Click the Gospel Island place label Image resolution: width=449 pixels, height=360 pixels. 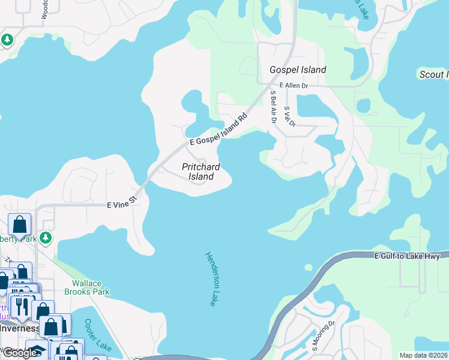[x=298, y=70]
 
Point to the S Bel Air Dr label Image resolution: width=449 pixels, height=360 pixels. [x=273, y=107]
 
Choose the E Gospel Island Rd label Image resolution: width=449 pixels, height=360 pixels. [x=219, y=130]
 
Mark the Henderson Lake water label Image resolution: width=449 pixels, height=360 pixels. [x=211, y=278]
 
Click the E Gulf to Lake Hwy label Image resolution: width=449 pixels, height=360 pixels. [x=408, y=257]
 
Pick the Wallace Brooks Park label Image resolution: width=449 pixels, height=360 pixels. [x=91, y=287]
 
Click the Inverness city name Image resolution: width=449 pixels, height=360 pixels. [x=19, y=328]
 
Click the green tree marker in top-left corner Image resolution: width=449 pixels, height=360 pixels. [x=7, y=40]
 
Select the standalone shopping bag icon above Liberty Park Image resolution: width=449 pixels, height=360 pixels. [x=19, y=225]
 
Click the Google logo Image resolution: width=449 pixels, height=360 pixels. [x=19, y=353]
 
